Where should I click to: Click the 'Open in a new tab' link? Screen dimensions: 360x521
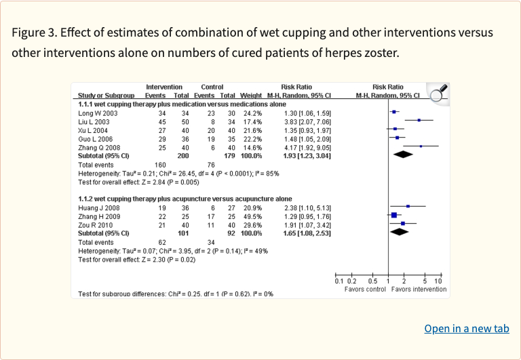coord(466,329)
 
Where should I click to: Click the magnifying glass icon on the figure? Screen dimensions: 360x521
coord(438,93)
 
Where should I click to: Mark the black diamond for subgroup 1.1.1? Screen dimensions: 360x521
coord(398,155)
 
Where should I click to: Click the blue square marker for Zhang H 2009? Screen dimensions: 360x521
coord(393,215)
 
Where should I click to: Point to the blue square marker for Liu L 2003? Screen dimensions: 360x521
coord(419,121)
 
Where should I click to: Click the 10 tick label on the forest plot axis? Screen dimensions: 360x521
coord(438,281)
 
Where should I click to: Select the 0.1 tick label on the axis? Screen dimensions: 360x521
coord(339,281)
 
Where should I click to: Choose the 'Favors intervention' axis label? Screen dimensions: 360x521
coord(419,289)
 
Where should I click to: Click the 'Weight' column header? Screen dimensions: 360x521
coord(251,96)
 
